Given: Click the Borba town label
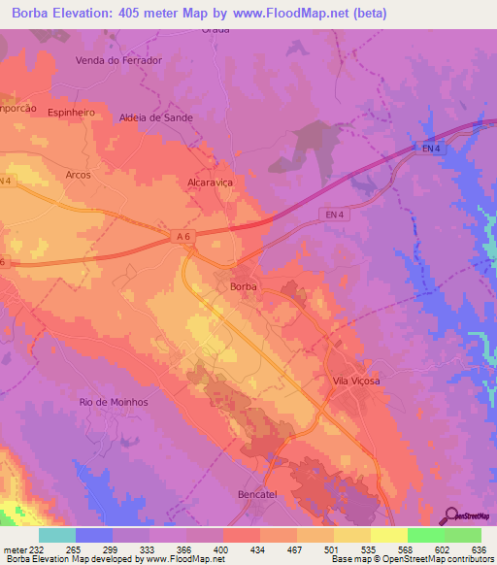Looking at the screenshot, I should click(243, 287).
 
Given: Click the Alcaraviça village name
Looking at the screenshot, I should click(211, 182).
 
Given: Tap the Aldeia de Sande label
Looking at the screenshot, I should click(155, 117).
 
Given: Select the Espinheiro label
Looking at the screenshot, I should click(71, 113).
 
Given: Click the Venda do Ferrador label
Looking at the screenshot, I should click(118, 60).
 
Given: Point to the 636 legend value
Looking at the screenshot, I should click(480, 549).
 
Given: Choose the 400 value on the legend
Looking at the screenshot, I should click(222, 549).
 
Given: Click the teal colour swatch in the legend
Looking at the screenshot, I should click(57, 535).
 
